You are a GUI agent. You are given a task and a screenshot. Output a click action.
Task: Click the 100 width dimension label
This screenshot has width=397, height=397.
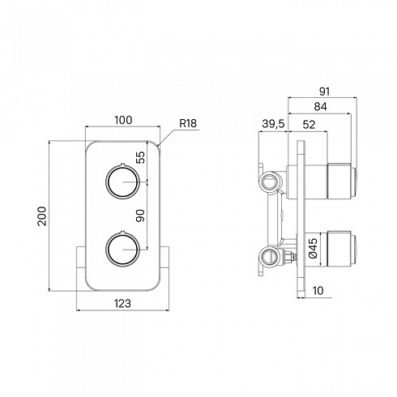(123, 120)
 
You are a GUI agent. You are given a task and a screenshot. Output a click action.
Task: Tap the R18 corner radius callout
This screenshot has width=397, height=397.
(188, 124)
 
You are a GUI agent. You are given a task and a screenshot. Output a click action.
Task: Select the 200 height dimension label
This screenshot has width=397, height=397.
(42, 216)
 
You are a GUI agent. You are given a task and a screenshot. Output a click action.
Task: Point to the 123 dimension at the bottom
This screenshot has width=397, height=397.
(123, 304)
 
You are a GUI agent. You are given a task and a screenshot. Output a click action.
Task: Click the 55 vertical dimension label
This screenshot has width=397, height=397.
(140, 157)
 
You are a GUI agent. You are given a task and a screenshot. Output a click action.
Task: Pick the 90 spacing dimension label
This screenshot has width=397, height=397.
(140, 216)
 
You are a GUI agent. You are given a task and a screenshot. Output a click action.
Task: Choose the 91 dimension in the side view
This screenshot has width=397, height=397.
(324, 92)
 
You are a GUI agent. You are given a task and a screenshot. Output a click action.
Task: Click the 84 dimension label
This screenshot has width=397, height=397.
(320, 107)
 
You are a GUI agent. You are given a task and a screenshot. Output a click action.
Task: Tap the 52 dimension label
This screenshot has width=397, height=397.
(309, 125)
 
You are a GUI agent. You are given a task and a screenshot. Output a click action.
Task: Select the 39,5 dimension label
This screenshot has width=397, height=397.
(273, 124)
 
